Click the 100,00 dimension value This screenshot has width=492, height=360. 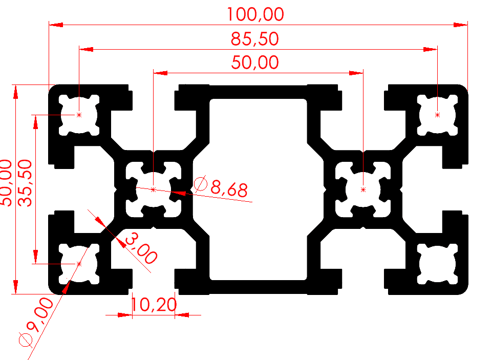(x=255, y=14)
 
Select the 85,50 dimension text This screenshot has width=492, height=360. (x=255, y=38)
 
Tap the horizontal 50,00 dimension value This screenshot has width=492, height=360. (x=255, y=62)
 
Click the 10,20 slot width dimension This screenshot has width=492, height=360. (x=154, y=305)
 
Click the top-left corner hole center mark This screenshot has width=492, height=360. (x=79, y=115)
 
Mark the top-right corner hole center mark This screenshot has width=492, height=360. (x=437, y=115)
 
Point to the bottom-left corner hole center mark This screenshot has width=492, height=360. (x=79, y=264)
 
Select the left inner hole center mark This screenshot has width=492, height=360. (x=154, y=189)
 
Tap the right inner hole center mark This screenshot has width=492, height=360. (x=363, y=189)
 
